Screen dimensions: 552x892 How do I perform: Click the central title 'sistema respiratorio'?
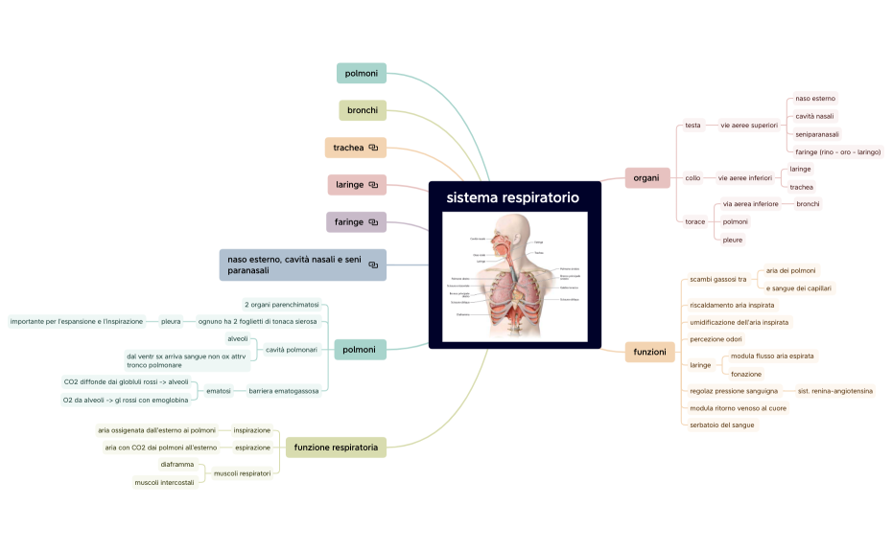513,198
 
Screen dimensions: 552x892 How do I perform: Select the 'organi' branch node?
647,177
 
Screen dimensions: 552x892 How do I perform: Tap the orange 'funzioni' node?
649,352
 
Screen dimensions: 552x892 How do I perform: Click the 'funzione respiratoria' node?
336,447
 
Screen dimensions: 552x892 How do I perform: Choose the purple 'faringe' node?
348,222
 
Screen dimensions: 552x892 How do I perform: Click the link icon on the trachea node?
373,148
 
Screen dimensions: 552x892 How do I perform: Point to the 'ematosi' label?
219,391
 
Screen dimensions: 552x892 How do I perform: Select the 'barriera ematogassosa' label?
284,391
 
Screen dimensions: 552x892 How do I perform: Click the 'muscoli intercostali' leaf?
164,482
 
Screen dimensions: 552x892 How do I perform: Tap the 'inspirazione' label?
252,430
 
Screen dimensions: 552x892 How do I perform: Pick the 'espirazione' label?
252,447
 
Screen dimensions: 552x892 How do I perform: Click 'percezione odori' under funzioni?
716,339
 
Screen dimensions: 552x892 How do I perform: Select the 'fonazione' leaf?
746,374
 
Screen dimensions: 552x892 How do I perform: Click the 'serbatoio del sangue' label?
722,425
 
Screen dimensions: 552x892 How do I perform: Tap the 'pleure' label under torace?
733,240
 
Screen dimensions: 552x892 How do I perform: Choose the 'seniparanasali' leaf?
817,134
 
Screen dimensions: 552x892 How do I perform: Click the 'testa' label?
693,125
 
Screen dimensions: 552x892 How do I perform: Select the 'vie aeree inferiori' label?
745,178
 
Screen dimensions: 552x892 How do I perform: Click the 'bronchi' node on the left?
363,110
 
